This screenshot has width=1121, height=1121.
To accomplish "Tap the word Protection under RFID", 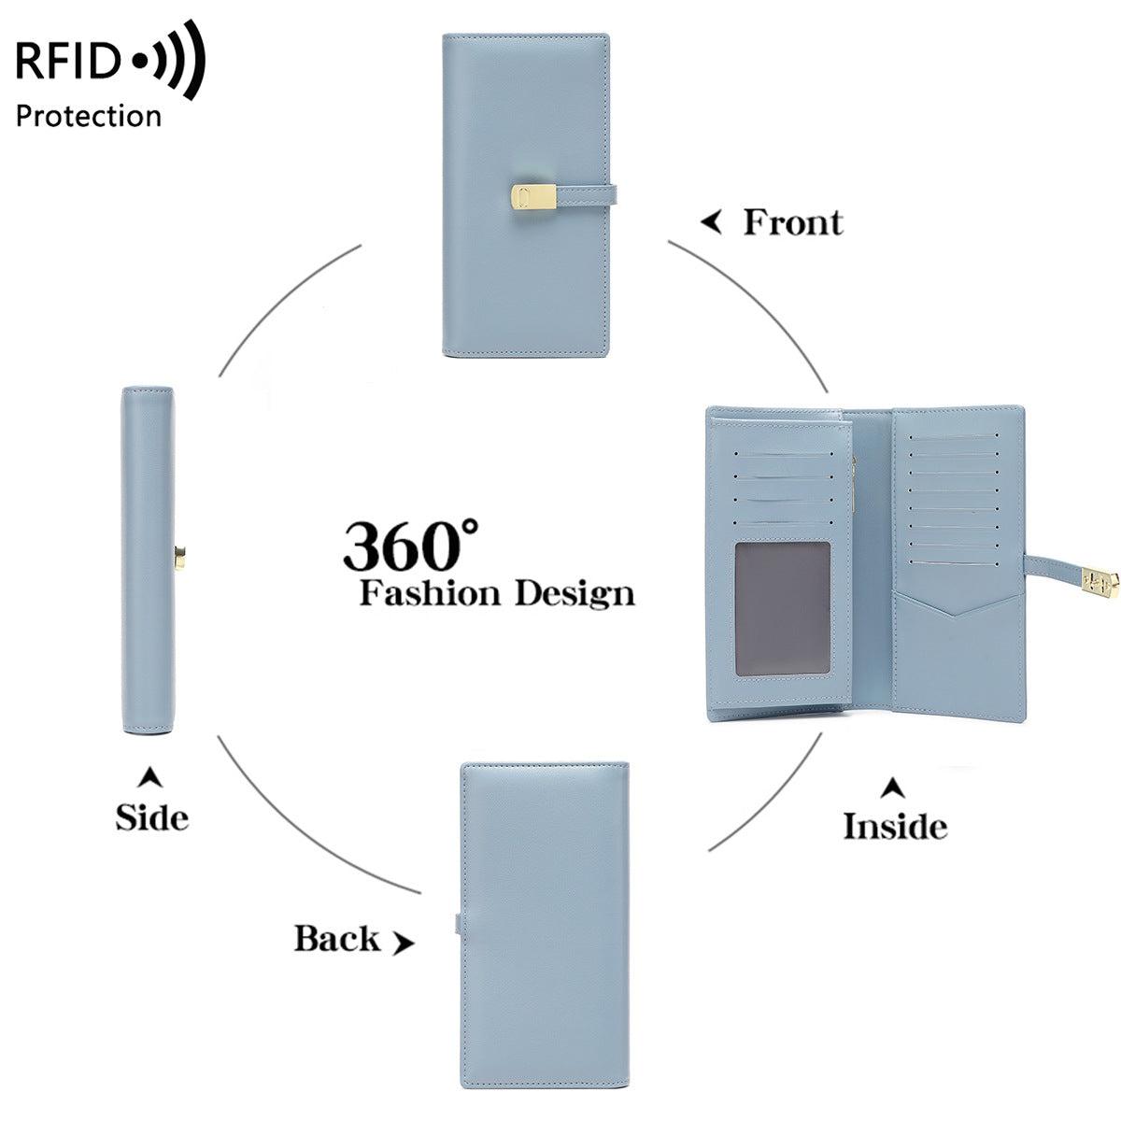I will [89, 116].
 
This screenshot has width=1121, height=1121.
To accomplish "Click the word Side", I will [151, 817].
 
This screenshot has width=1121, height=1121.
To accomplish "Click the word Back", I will [337, 938].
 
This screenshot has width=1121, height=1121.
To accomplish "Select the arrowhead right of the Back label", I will [403, 944].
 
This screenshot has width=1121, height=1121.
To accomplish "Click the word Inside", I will [894, 826].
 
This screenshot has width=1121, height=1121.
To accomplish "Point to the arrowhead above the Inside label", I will [894, 788].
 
